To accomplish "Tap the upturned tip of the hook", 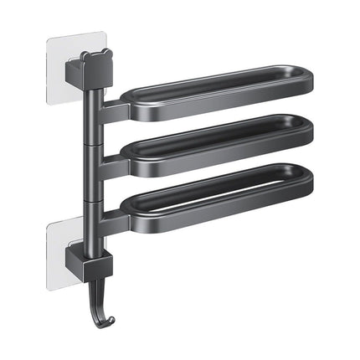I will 111,298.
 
